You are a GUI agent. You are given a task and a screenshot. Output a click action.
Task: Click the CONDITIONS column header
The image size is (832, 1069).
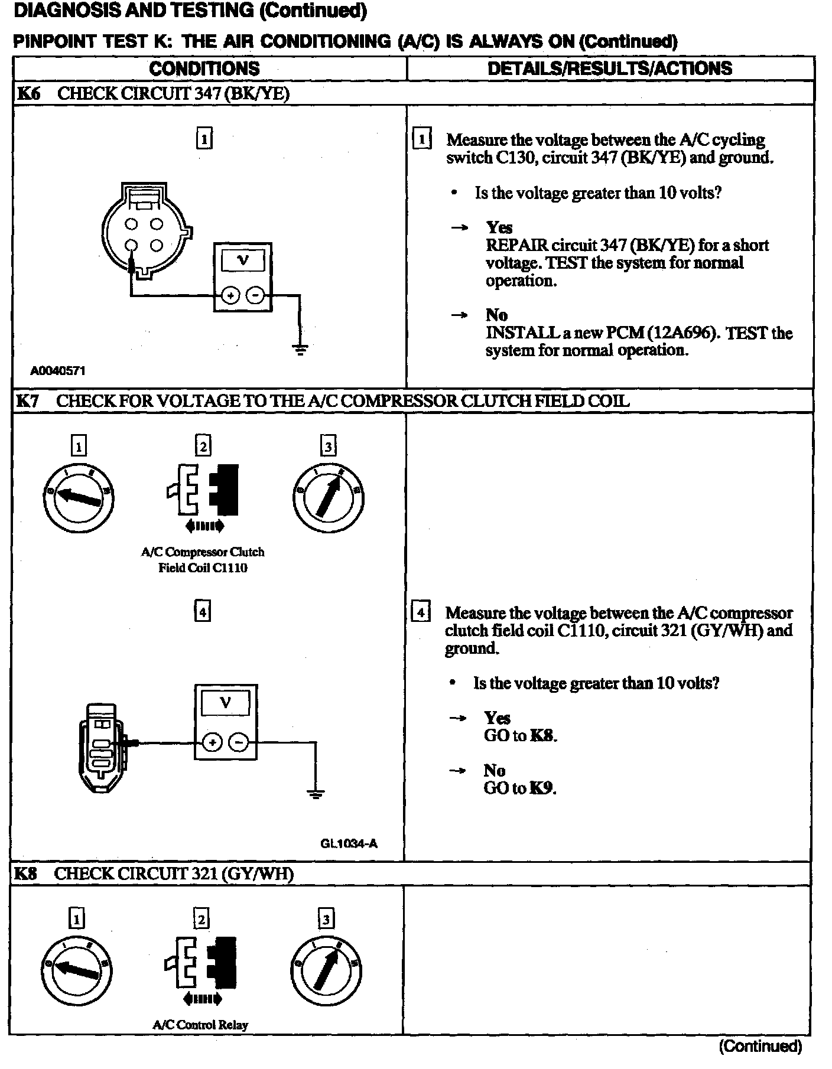point(204,69)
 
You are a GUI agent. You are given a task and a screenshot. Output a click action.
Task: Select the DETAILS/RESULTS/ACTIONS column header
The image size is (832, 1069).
point(609,69)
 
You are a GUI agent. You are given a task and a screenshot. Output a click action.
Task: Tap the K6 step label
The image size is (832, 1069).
point(28,94)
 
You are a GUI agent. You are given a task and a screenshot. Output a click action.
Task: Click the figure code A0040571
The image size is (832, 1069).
point(58,371)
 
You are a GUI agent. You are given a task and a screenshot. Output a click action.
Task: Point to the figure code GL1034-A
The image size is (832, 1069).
point(349,843)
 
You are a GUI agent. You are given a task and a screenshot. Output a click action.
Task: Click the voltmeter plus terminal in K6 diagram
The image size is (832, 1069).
point(230,295)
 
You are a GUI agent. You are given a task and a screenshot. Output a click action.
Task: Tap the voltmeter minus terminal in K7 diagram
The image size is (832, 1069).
point(239,742)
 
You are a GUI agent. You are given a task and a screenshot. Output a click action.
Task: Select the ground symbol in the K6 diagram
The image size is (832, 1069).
point(301,349)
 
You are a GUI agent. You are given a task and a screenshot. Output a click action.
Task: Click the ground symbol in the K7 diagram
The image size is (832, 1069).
point(316,793)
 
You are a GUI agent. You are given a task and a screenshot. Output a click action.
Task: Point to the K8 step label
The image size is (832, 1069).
point(25,874)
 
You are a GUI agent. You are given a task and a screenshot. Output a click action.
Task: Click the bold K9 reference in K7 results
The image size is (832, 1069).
point(542,788)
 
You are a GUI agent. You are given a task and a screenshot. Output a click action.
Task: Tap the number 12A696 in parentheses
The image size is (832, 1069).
point(683,333)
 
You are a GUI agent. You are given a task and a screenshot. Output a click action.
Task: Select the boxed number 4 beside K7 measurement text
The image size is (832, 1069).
point(420,612)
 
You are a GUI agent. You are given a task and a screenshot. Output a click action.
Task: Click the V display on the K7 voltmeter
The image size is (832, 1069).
point(225,703)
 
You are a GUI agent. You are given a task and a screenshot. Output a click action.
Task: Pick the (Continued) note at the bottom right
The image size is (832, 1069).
point(760,1047)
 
